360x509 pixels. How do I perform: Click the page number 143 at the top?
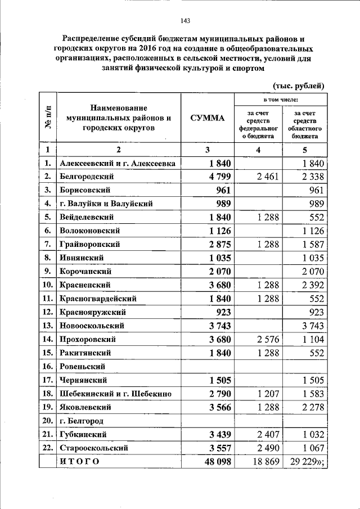pyautogui.click(x=185, y=21)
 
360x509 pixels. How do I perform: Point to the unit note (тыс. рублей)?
pyautogui.click(x=298, y=85)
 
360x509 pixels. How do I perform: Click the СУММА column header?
pyautogui.click(x=206, y=118)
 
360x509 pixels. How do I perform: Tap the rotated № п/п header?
pyautogui.click(x=48, y=118)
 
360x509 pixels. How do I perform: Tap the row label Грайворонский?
pyautogui.click(x=90, y=245)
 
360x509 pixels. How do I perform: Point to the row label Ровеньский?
pyautogui.click(x=84, y=366)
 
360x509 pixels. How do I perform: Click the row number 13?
pyautogui.click(x=47, y=326)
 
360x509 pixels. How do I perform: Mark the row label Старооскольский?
pyautogui.click(x=93, y=448)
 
